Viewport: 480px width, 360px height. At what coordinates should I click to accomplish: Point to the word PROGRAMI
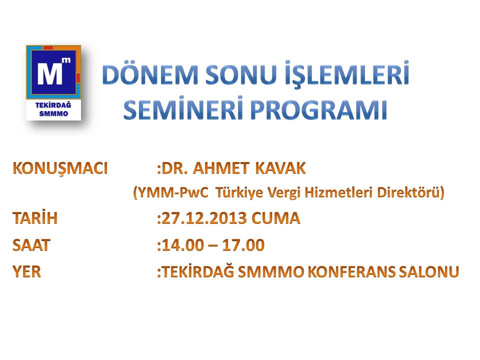click(319, 110)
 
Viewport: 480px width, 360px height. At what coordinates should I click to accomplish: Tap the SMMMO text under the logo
click(53, 113)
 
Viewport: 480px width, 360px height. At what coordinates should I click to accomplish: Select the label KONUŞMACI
click(60, 168)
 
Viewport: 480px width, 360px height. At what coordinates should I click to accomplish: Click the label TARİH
click(35, 217)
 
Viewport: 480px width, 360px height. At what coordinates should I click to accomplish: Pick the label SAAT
click(31, 245)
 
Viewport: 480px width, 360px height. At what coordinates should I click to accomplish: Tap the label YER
click(26, 271)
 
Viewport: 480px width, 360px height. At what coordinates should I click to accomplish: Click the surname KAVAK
click(280, 168)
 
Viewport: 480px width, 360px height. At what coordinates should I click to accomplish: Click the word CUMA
click(276, 218)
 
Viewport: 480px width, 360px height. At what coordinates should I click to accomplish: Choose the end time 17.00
click(243, 245)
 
